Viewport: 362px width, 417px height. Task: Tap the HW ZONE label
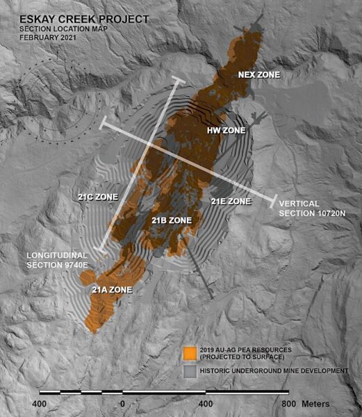tap(227, 129)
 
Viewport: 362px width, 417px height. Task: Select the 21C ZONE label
tap(97, 196)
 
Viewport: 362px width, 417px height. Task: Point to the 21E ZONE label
tap(230, 201)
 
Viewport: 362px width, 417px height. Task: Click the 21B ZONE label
tap(171, 220)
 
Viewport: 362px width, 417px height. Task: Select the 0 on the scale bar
tap(122, 404)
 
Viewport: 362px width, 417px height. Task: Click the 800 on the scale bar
tap(288, 404)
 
